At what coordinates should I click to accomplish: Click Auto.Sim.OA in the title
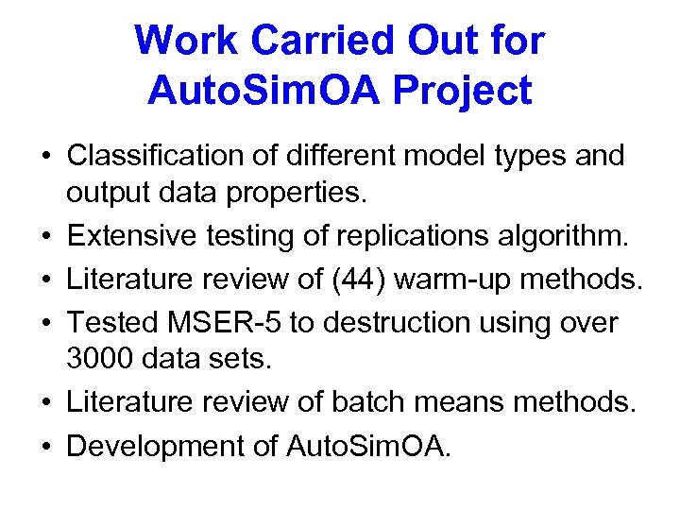(261, 92)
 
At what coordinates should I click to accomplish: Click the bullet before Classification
(45, 155)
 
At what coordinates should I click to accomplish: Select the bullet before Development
(45, 446)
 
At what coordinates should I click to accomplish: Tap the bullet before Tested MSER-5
(45, 322)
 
